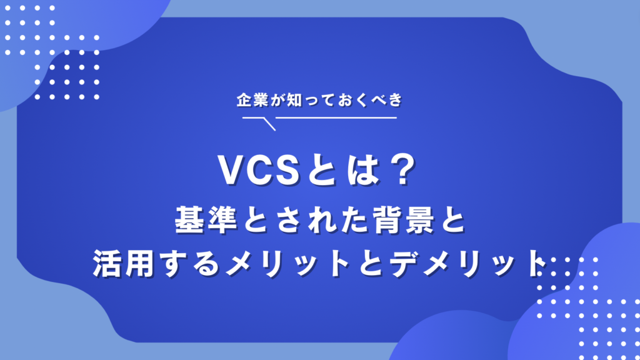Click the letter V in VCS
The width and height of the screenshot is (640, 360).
[229, 170]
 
